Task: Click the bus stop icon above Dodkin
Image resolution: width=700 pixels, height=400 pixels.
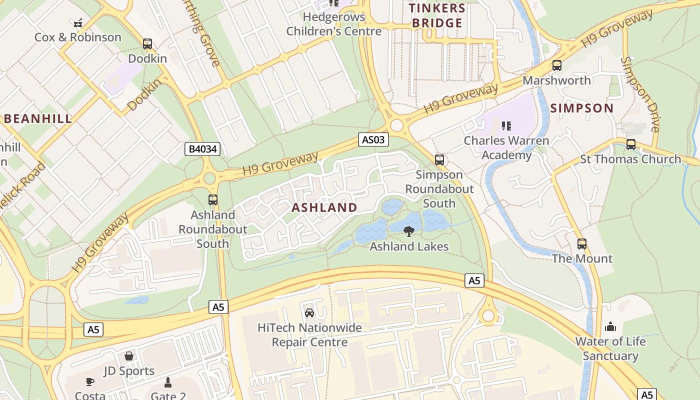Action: [x=147, y=44]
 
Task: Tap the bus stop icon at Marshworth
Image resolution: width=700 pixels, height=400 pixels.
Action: [x=556, y=65]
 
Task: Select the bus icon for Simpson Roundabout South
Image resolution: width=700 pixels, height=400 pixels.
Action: [x=439, y=160]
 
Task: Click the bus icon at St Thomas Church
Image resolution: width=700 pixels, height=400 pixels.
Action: [x=630, y=144]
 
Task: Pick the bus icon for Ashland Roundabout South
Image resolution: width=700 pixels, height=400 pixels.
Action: [x=213, y=200]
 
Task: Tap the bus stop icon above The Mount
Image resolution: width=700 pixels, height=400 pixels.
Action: [x=581, y=244]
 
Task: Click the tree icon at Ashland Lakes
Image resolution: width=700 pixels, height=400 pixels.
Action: [x=408, y=231]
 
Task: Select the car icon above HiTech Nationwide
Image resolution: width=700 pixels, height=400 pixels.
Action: [x=309, y=313]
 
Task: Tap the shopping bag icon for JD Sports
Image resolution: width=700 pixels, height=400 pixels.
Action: [x=129, y=356]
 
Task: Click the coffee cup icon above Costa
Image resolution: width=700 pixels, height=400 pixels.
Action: [x=90, y=381]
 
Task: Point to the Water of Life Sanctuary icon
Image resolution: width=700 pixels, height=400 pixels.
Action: [x=610, y=327]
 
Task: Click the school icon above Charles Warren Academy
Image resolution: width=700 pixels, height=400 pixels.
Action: [x=506, y=126]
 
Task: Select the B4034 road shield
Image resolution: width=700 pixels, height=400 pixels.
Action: [x=202, y=148]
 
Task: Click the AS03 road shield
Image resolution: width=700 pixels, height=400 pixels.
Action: [x=373, y=140]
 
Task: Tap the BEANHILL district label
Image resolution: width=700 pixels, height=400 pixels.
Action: [x=38, y=119]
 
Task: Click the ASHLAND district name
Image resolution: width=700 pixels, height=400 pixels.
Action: [x=324, y=207]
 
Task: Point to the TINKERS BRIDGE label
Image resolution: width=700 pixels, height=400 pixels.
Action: [x=437, y=15]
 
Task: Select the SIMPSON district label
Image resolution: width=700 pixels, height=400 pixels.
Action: [x=581, y=108]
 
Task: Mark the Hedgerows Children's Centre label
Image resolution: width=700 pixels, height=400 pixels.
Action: [x=334, y=24]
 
